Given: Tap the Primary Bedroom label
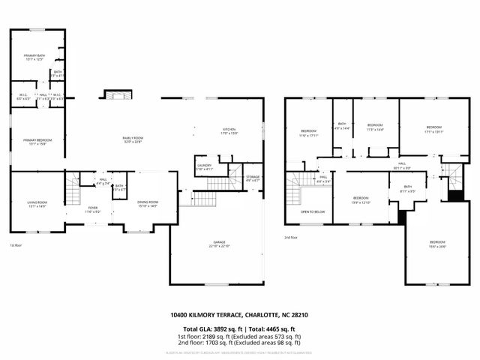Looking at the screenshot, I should [35, 141].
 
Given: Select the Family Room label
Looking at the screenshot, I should [133, 139].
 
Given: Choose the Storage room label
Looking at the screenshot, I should [253, 178].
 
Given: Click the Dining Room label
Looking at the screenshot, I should [147, 202].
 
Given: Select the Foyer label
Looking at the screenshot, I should [93, 208].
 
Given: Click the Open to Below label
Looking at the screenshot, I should [312, 212].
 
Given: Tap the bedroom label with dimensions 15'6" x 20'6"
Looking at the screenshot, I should [437, 243].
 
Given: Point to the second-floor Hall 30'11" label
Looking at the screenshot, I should [402, 164].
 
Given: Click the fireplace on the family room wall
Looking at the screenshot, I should [117, 94].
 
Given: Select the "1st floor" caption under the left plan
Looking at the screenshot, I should [16, 245].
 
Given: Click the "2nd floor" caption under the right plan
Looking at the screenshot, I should [291, 238].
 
